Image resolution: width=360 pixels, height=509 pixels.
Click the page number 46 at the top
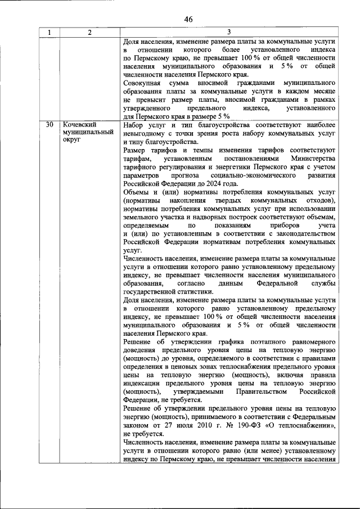pos(188,19)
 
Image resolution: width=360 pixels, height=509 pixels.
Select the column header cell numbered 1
pos(49,33)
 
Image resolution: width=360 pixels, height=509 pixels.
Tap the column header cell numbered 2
pos(89,33)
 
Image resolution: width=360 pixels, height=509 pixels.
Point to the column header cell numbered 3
pos(229,33)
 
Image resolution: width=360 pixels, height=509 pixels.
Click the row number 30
pos(49,124)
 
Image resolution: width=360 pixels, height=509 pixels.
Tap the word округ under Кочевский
pos(72,140)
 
